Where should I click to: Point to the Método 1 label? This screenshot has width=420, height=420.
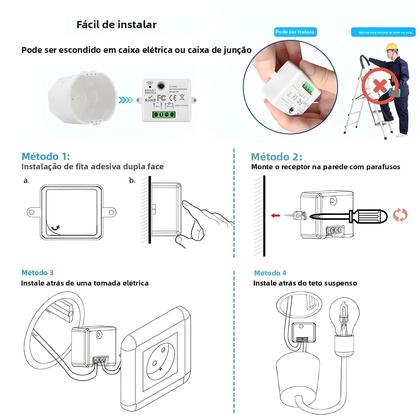pyautogui.click(x=45, y=157)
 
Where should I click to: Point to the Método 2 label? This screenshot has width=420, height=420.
pyautogui.click(x=276, y=157)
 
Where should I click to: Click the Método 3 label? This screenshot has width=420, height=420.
pyautogui.click(x=38, y=272)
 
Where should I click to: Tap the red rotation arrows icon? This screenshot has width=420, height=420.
pyautogui.click(x=401, y=213)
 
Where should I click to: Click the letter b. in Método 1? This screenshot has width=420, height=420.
pyautogui.click(x=145, y=182)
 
